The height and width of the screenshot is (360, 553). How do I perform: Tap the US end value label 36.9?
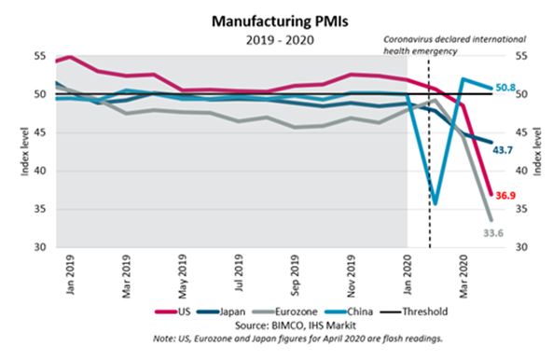[505, 196]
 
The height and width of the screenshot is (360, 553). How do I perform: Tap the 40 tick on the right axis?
[519, 171]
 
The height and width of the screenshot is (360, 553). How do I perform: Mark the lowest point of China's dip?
[435, 202]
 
